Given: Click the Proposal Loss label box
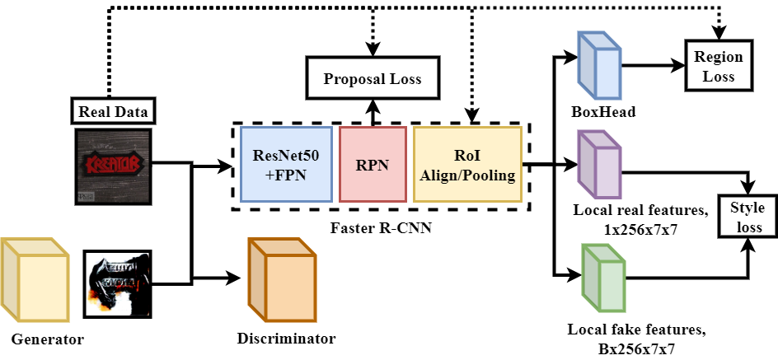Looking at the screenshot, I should click(x=372, y=79).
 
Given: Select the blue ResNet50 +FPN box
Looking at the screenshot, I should click(x=286, y=164).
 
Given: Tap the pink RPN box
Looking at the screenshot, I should click(x=373, y=164).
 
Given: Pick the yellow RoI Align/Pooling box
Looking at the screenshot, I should click(x=467, y=164).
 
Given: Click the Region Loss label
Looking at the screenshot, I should click(x=719, y=66).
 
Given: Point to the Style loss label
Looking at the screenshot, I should click(x=747, y=217).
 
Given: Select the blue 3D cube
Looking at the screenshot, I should click(x=599, y=66).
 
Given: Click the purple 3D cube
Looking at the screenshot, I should click(x=599, y=165).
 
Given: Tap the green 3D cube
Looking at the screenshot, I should click(x=602, y=278).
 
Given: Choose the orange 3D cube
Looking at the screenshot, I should click(x=282, y=280).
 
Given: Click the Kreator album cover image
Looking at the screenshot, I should click(x=113, y=166).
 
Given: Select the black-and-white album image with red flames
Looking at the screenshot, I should click(x=117, y=284).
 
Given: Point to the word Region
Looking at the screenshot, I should click(x=719, y=57).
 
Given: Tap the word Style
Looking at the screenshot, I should click(x=747, y=208).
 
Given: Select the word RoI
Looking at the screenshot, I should click(x=467, y=156).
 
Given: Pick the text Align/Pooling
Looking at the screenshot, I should click(x=467, y=174).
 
